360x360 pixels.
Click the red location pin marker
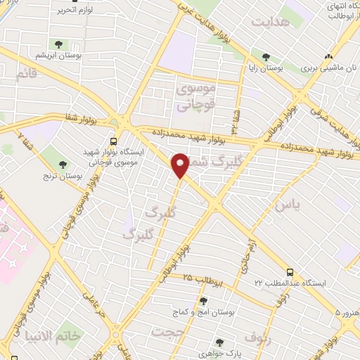pyautogui.click(x=181, y=165)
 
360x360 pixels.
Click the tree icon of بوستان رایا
pyautogui.click(x=265, y=58)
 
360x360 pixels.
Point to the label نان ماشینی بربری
pyautogui.click(x=327, y=69)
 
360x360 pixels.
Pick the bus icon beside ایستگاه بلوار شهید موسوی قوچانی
pyautogui.click(x=115, y=139)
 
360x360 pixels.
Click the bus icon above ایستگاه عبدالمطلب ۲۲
pyautogui.click(x=289, y=272)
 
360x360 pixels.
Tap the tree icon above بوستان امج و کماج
pyautogui.click(x=203, y=301)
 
